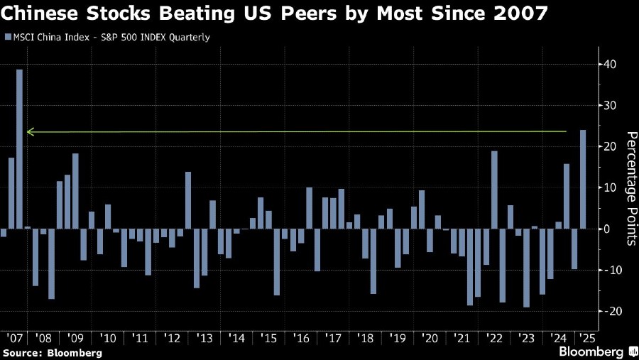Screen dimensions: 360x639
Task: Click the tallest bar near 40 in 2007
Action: [20, 149]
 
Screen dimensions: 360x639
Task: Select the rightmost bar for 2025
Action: [583, 179]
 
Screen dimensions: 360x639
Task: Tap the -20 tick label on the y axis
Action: [610, 312]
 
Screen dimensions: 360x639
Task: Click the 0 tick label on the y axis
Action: [608, 229]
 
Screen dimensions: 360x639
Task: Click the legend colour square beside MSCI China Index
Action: [7, 37]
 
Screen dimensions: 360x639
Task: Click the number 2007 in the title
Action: [537, 13]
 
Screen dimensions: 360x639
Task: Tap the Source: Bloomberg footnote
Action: [53, 352]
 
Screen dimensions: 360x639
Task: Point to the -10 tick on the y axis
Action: [610, 271]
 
